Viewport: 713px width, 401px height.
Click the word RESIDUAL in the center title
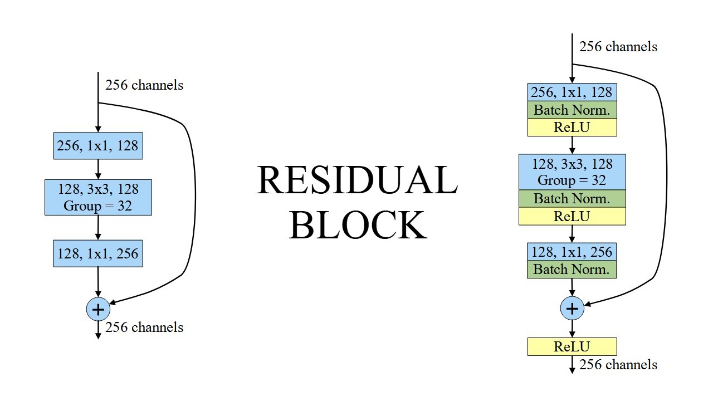coord(357,180)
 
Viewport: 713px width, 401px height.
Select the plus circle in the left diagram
coord(98,309)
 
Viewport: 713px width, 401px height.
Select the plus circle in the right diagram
coord(572,308)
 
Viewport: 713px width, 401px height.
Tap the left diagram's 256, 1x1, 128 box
coord(98,146)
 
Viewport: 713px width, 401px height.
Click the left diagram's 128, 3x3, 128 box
coord(98,197)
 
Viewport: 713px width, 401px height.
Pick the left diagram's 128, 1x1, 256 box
coord(98,253)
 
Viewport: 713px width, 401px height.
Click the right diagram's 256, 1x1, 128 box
coord(572,92)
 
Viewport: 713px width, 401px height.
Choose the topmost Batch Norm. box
coord(572,110)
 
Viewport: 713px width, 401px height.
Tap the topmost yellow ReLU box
coord(572,127)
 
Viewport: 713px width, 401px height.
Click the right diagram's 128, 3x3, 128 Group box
coord(572,172)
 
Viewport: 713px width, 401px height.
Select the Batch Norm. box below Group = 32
coord(572,198)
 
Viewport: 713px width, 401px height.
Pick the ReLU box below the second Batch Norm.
coord(572,216)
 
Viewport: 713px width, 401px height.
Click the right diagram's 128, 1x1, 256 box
coord(572,252)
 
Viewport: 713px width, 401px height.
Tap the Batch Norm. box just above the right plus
coord(572,270)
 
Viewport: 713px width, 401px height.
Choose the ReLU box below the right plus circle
coord(572,346)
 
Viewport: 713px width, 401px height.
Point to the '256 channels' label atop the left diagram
coord(144,85)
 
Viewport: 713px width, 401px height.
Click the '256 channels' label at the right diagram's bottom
coord(618,365)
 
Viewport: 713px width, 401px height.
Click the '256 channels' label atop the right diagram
coord(618,47)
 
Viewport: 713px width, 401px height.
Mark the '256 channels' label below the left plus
coord(144,327)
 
